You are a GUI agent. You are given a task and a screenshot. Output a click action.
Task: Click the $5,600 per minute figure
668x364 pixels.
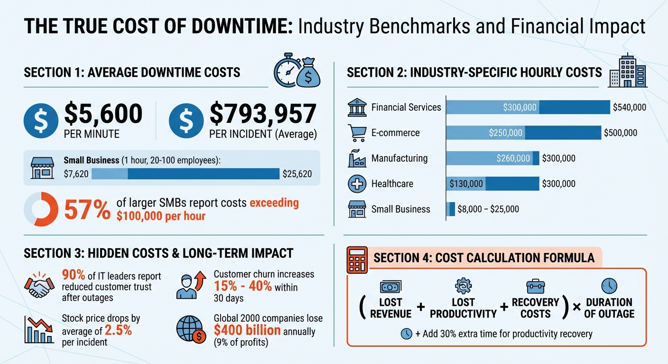[103, 114]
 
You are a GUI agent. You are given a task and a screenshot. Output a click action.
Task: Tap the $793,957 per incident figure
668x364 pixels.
[262, 114]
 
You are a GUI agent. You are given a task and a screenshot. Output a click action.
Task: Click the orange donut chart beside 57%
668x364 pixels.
[41, 209]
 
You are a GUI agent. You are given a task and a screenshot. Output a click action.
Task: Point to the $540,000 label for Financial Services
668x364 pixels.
[629, 108]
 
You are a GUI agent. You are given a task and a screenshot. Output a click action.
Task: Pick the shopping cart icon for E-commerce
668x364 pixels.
[357, 133]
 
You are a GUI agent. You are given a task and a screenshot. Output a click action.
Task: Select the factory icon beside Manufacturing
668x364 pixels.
[357, 158]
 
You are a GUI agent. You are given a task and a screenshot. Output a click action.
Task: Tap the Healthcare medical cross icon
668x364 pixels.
[357, 184]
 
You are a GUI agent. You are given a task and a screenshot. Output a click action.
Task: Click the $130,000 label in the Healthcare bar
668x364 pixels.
[466, 184]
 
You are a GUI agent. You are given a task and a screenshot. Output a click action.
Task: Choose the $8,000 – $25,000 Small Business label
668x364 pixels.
[488, 209]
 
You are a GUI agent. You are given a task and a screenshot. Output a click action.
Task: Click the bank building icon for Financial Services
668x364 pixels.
[357, 108]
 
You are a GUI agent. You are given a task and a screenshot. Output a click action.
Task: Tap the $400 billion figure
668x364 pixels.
[247, 330]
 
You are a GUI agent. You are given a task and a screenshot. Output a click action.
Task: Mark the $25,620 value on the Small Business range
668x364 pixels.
[297, 174]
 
